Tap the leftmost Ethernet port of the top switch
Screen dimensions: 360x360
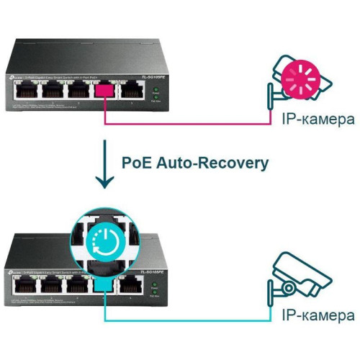pyautogui.click(x=23, y=89)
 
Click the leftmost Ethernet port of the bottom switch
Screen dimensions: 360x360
pyautogui.click(x=23, y=287)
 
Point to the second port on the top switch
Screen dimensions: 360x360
pyautogui.click(x=50, y=89)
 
